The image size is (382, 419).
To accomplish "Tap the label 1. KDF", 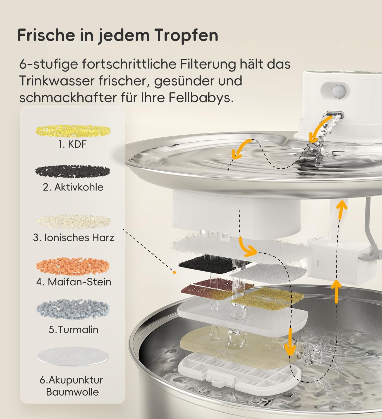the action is (x=73, y=144).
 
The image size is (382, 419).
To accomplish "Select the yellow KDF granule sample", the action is (x=73, y=131).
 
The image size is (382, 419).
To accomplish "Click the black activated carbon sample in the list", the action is (x=73, y=171).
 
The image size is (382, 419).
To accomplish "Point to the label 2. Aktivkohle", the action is (x=73, y=187).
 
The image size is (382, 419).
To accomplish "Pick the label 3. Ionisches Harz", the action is (x=73, y=238).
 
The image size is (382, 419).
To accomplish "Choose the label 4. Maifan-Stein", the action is (x=73, y=282).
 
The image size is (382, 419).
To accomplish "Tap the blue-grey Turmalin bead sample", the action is (x=73, y=309).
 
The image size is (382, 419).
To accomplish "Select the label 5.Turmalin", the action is (x=73, y=330).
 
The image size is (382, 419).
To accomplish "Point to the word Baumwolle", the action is (x=73, y=392).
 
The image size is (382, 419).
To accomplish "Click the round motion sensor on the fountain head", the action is (x=338, y=91).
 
